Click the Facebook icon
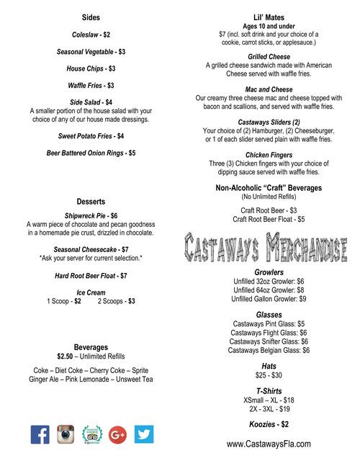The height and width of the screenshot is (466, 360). click(x=40, y=434)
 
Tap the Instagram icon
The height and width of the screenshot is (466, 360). click(x=66, y=434)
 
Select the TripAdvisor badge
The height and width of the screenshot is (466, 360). click(x=93, y=434)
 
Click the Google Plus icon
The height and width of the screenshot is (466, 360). click(x=119, y=434)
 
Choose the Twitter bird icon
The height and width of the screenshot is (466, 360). click(x=145, y=434)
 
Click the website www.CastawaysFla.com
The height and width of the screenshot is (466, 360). click(x=269, y=444)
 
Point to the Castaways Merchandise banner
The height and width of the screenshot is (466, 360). click(x=269, y=246)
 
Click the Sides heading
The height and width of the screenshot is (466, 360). click(x=91, y=17)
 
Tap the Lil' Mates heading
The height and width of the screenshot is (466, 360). click(x=269, y=17)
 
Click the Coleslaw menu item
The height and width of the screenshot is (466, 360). click(x=91, y=35)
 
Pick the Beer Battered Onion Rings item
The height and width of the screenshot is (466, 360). click(x=91, y=153)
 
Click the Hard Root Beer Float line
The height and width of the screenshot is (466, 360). click(x=91, y=275)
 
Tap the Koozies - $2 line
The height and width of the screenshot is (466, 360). click(x=269, y=424)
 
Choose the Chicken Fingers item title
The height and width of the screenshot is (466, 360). click(x=269, y=154)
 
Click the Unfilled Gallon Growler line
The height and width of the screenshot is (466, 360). click(x=269, y=298)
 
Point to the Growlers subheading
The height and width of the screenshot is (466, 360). click(x=269, y=272)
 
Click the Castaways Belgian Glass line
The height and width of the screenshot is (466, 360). click(x=269, y=350)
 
